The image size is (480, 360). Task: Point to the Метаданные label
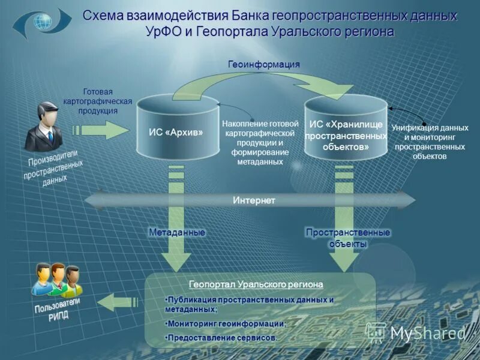point(177,232)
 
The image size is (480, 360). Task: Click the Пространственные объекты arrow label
point(347,238)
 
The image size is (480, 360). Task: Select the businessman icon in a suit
point(44,127)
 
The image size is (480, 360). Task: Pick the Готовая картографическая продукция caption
point(97,101)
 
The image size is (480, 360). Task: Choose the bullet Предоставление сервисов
point(221,338)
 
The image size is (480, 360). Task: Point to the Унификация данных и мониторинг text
point(430,142)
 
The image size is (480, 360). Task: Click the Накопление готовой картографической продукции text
point(260,143)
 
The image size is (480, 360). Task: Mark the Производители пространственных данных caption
point(53,169)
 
